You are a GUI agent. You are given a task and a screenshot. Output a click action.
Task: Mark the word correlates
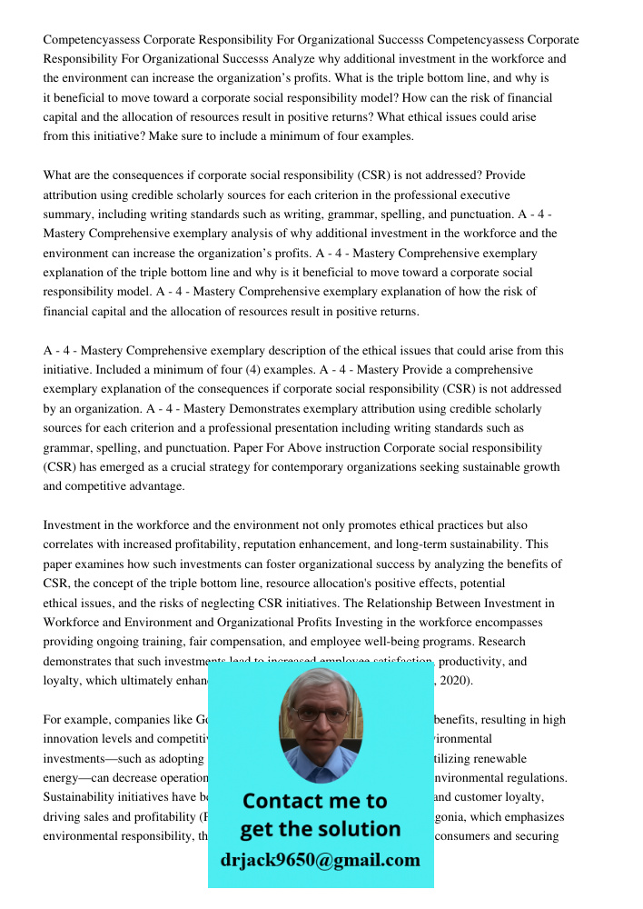coord(74,544)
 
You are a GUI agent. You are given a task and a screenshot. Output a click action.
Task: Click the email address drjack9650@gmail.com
coord(321,860)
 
